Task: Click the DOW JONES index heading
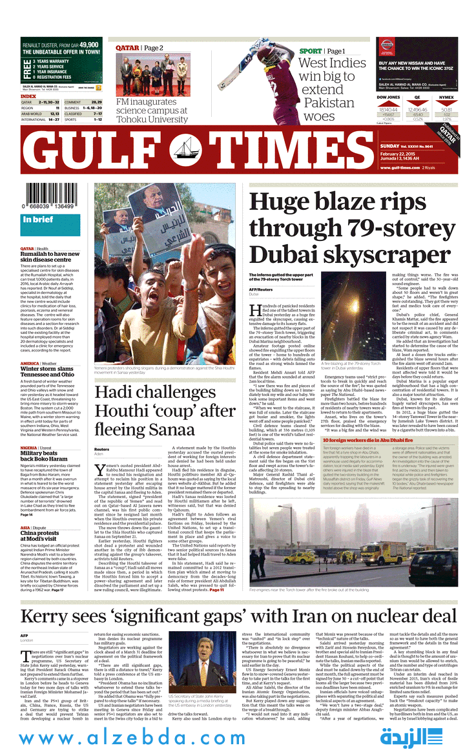(388, 97)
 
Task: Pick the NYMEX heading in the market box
(446, 97)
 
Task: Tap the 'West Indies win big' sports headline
(332, 90)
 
